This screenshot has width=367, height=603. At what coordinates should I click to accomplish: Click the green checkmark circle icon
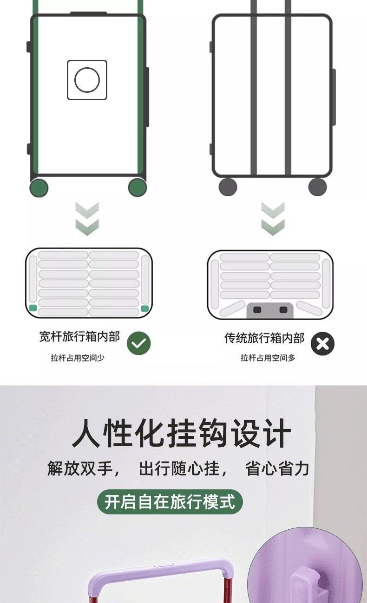(x=139, y=343)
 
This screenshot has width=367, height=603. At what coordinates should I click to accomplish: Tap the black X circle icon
(x=322, y=344)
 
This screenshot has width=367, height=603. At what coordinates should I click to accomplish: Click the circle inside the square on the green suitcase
(x=87, y=80)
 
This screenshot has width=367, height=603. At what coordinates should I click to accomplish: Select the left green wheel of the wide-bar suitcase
(x=39, y=188)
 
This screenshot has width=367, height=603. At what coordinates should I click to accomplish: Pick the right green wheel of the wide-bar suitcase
(x=138, y=187)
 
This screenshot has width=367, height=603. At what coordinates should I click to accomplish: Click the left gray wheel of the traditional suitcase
(x=228, y=186)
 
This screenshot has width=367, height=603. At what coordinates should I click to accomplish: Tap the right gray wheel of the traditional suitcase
(x=318, y=186)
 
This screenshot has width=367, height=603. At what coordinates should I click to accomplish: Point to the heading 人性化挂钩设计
(x=182, y=433)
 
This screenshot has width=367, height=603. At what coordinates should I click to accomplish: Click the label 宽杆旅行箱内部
(x=79, y=337)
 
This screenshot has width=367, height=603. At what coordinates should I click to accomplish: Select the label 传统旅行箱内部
(x=264, y=338)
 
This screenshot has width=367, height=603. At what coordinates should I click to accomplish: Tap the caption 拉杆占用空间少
(x=78, y=358)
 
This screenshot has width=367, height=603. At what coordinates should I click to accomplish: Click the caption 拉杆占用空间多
(x=268, y=358)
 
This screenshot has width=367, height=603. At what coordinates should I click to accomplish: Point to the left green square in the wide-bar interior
(x=33, y=308)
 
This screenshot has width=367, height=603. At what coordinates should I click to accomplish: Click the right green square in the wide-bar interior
(x=145, y=308)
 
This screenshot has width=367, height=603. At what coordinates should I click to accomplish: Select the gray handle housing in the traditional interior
(x=270, y=310)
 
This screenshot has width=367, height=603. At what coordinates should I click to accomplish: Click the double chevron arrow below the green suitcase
(x=87, y=218)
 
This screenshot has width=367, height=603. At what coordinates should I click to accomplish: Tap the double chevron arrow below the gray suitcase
(x=273, y=218)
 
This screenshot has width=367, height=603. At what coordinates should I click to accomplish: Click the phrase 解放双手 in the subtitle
(x=80, y=468)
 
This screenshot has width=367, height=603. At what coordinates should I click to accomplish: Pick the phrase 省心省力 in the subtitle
(x=277, y=468)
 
